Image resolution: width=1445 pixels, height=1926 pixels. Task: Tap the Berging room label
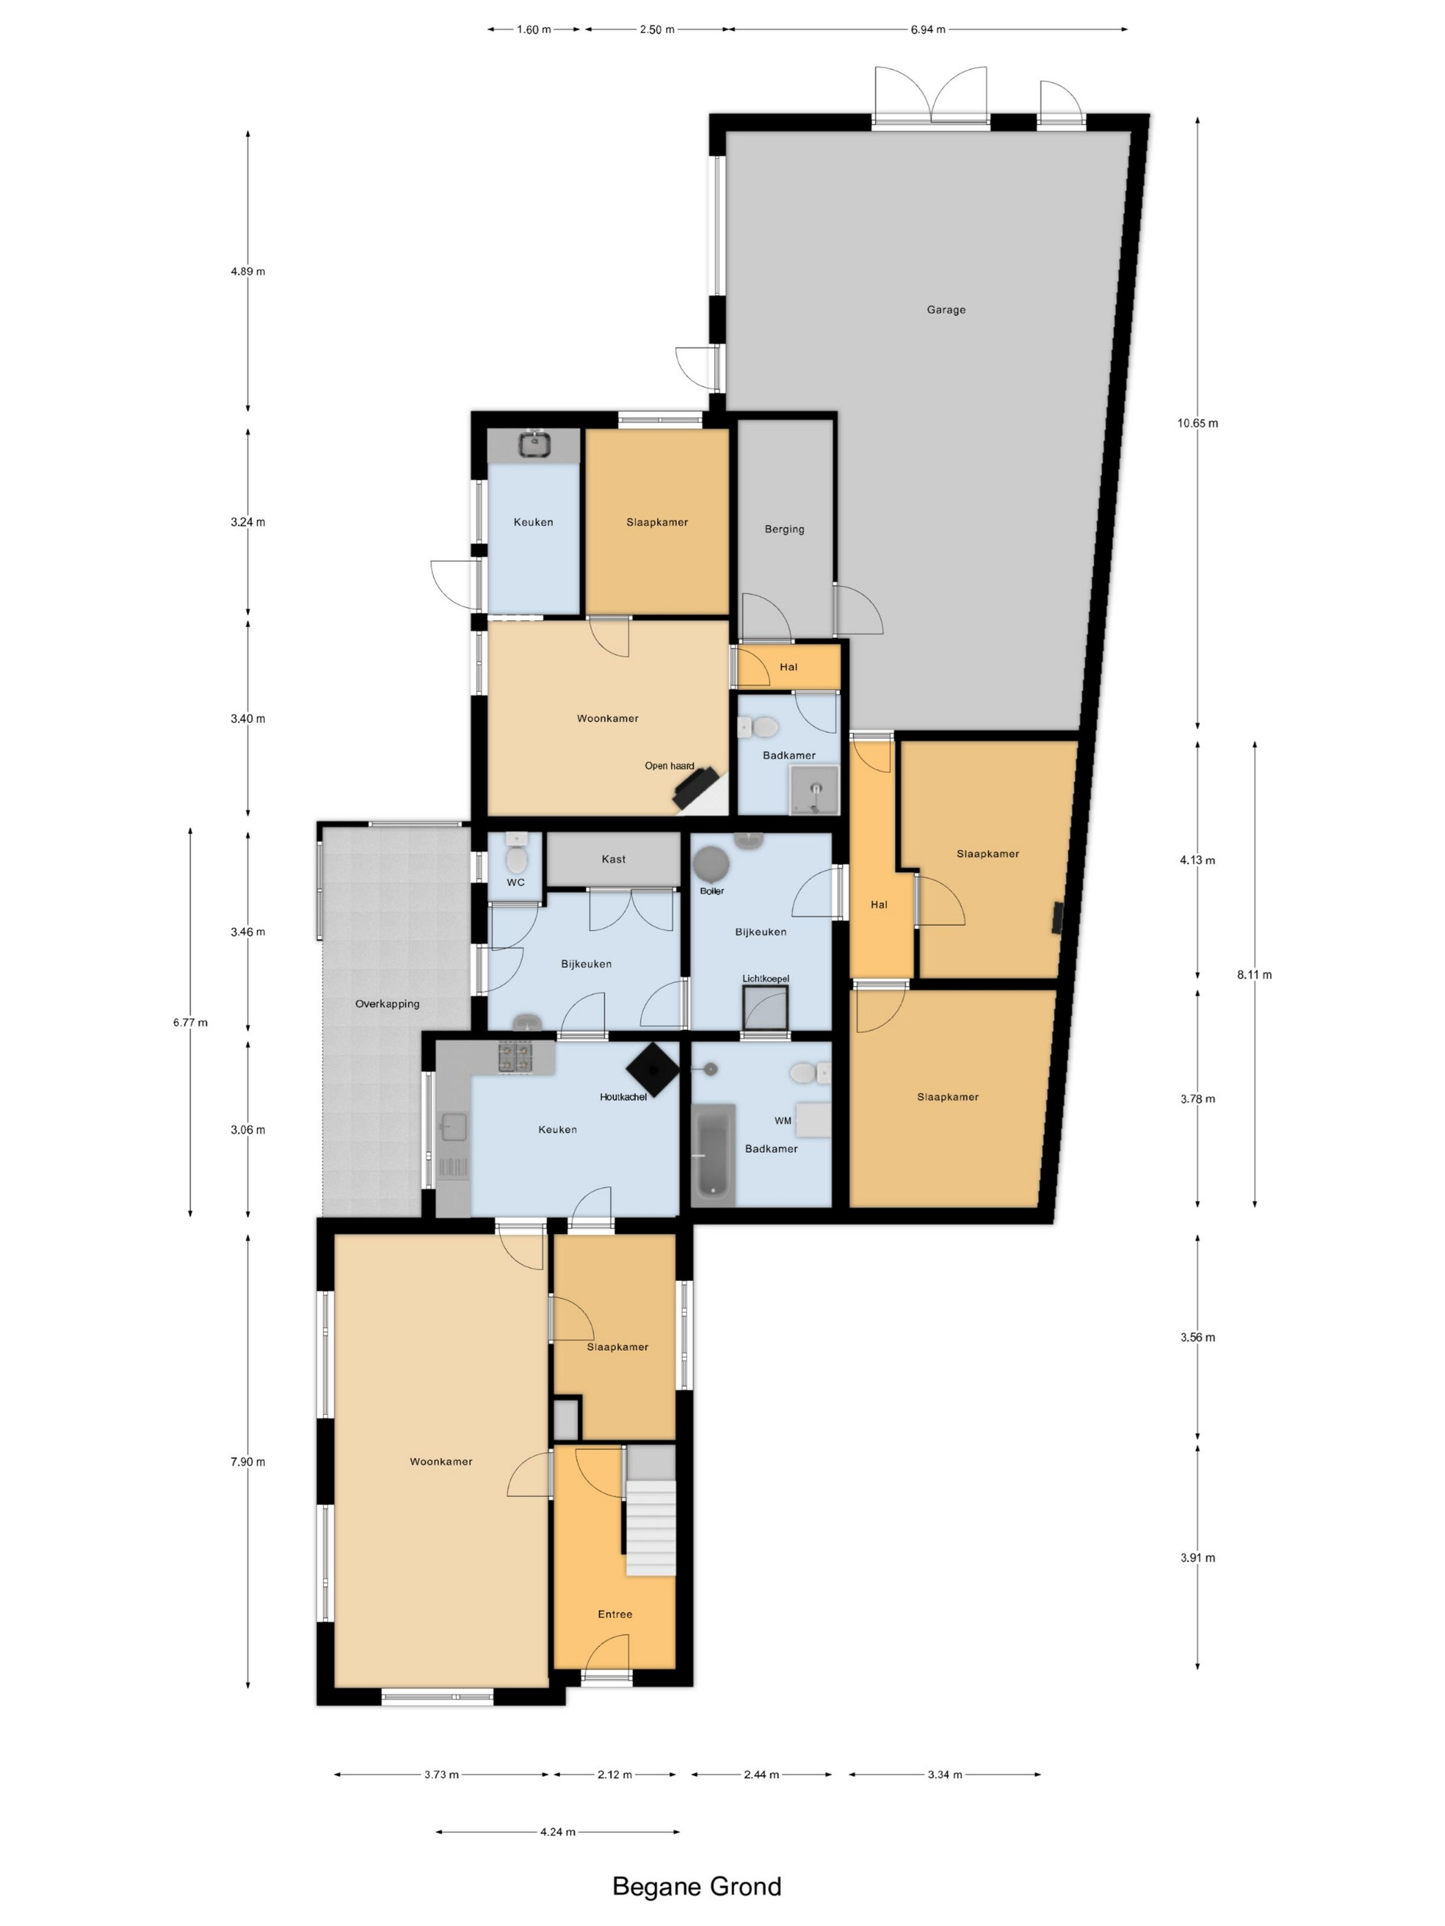pyautogui.click(x=784, y=528)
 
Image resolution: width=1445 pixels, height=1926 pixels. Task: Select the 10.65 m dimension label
pyautogui.click(x=1198, y=423)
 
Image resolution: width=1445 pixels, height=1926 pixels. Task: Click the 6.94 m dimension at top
pyautogui.click(x=928, y=30)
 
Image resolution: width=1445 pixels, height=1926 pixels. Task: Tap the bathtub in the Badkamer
pyautogui.click(x=714, y=1154)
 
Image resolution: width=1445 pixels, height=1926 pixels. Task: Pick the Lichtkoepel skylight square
pyautogui.click(x=764, y=1008)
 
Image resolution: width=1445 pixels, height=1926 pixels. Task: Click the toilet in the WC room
pyautogui.click(x=515, y=857)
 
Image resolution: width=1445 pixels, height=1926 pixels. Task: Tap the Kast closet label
pyautogui.click(x=613, y=859)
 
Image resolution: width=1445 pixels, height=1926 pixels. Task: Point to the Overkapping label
pyautogui.click(x=387, y=1004)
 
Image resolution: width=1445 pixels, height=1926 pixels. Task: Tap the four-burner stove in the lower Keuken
pyautogui.click(x=515, y=1057)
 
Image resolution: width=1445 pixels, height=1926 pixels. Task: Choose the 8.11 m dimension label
pyautogui.click(x=1254, y=974)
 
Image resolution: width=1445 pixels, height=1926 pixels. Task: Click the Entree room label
pyautogui.click(x=615, y=1614)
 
